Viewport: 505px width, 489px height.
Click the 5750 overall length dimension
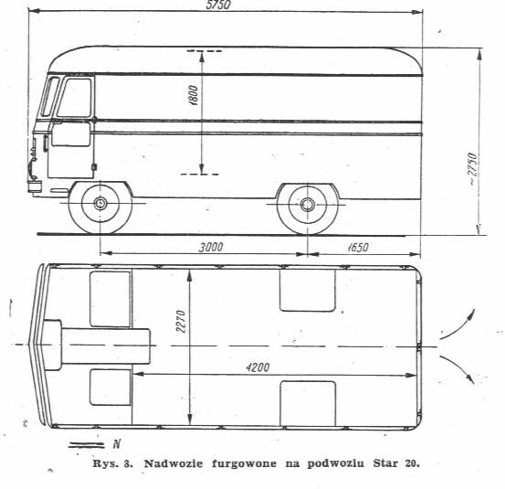(218, 5)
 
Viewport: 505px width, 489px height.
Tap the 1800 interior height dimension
(193, 95)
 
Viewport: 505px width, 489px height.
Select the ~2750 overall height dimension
(472, 169)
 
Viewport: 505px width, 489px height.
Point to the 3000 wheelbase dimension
(211, 247)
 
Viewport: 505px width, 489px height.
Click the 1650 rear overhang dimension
(358, 247)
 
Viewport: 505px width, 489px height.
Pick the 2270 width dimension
(181, 322)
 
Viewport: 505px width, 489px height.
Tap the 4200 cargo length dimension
(258, 367)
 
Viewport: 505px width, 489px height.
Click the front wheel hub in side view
(100, 203)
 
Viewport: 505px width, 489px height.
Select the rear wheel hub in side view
(307, 205)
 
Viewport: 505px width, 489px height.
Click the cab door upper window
(75, 98)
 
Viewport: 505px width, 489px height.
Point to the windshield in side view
(49, 96)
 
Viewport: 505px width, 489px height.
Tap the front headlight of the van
(35, 186)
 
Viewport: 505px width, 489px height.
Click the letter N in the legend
(117, 444)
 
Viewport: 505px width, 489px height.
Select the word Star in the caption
(384, 463)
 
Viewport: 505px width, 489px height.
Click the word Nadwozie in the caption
(174, 463)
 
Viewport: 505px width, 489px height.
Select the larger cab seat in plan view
(110, 299)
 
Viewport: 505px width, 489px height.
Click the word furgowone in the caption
(244, 464)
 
